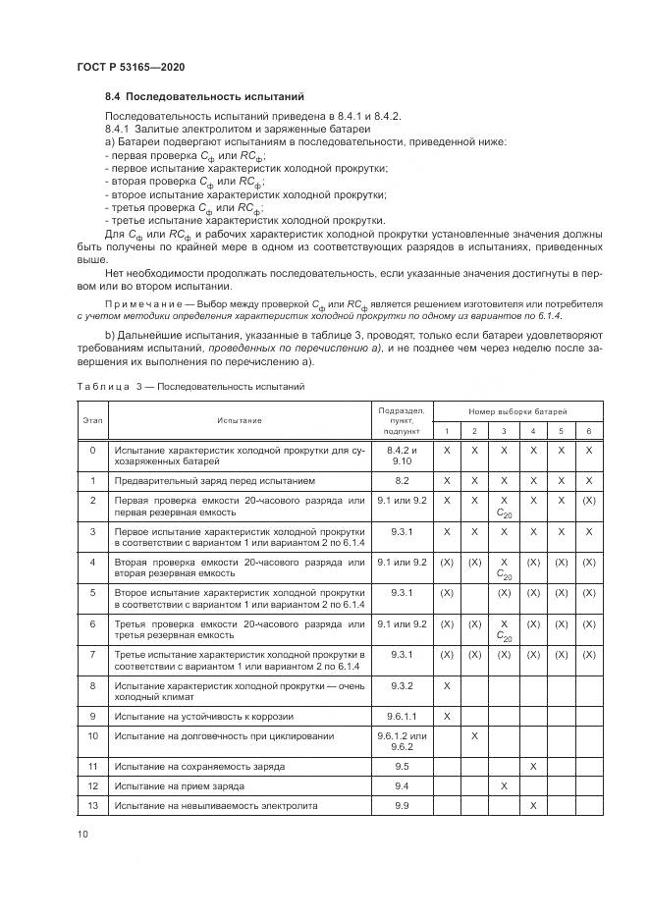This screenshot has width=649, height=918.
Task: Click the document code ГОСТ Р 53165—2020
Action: (x=131, y=67)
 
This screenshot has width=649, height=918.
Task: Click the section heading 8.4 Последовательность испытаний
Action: (x=205, y=97)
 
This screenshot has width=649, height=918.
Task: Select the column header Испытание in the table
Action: (x=240, y=420)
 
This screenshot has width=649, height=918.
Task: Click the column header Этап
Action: (x=92, y=420)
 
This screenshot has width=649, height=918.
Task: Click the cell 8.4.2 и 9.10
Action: (x=400, y=455)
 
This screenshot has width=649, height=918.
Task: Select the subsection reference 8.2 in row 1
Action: (x=400, y=481)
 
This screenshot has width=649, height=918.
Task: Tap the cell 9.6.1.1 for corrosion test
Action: (x=400, y=716)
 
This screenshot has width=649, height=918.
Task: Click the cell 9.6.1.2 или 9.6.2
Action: (x=400, y=740)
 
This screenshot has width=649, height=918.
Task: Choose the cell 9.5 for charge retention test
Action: (x=400, y=765)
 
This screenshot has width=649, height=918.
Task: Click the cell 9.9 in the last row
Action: (x=400, y=805)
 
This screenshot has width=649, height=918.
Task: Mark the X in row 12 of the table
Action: (x=504, y=785)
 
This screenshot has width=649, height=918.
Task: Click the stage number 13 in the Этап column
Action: (x=92, y=805)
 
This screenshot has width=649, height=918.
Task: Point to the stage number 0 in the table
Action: (x=92, y=450)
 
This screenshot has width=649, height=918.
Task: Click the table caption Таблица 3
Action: (x=100, y=386)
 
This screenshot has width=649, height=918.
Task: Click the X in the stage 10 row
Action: (x=474, y=735)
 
